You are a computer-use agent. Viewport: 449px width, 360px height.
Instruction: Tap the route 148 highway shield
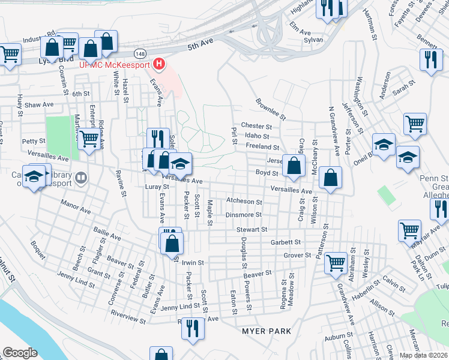pyautogui.click(x=139, y=53)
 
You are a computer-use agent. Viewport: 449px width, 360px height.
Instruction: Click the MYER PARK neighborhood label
pyautogui.click(x=266, y=331)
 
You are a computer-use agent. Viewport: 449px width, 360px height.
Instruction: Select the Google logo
pyautogui.click(x=20, y=353)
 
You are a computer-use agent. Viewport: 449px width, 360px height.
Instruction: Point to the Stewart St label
pyautogui.click(x=250, y=229)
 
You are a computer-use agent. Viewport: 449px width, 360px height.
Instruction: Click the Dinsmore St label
pyautogui.click(x=243, y=215)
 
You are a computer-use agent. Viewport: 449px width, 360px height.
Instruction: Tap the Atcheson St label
pyautogui.click(x=244, y=202)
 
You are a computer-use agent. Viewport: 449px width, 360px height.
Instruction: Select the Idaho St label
pyautogui.click(x=257, y=137)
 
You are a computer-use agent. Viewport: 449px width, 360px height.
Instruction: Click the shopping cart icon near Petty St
pyautogui.click(x=89, y=139)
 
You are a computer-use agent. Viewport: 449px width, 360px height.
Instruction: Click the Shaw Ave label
pyautogui.click(x=39, y=104)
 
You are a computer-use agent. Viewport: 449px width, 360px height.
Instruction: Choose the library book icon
pyautogui.click(x=82, y=178)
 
